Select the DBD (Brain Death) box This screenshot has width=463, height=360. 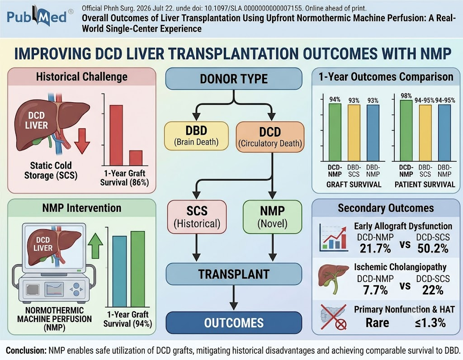point(196,136)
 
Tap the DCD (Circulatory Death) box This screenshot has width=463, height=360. point(270,137)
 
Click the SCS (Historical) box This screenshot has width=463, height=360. point(197,217)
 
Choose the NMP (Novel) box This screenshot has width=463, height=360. point(272,217)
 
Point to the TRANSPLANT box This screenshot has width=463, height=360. point(234,274)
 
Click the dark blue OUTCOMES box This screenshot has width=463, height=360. point(234,322)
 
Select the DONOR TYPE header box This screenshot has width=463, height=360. point(234,79)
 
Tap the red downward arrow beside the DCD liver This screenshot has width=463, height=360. point(82,141)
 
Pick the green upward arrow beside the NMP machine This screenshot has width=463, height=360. point(95,246)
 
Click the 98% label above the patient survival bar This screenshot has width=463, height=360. point(406,96)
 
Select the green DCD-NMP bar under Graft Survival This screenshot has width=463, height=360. point(335,132)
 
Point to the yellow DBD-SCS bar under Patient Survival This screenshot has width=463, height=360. point(425,133)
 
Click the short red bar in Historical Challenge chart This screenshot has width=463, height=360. point(136,158)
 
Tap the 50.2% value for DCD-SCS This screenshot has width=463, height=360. point(433,249)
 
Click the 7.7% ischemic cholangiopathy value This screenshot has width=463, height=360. point(375,290)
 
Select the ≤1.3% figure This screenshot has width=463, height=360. point(430,323)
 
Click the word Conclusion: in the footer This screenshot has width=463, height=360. point(26,351)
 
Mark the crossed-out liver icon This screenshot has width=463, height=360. point(334,317)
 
